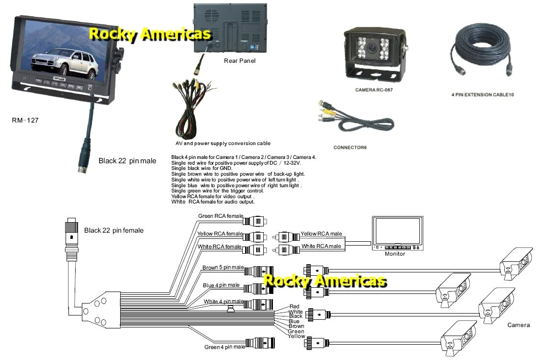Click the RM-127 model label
25,121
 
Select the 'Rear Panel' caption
239,61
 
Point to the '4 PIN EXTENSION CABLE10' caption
482,95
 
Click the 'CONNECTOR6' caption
350,147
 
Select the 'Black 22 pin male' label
127,161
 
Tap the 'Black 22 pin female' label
113,230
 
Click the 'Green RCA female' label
220,216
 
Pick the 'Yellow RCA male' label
321,234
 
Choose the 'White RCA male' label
321,246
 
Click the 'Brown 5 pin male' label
223,268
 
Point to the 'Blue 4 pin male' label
221,285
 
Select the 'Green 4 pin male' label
225,347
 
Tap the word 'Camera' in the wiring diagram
519,325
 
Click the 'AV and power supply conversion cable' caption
223,143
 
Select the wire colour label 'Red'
294,306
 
